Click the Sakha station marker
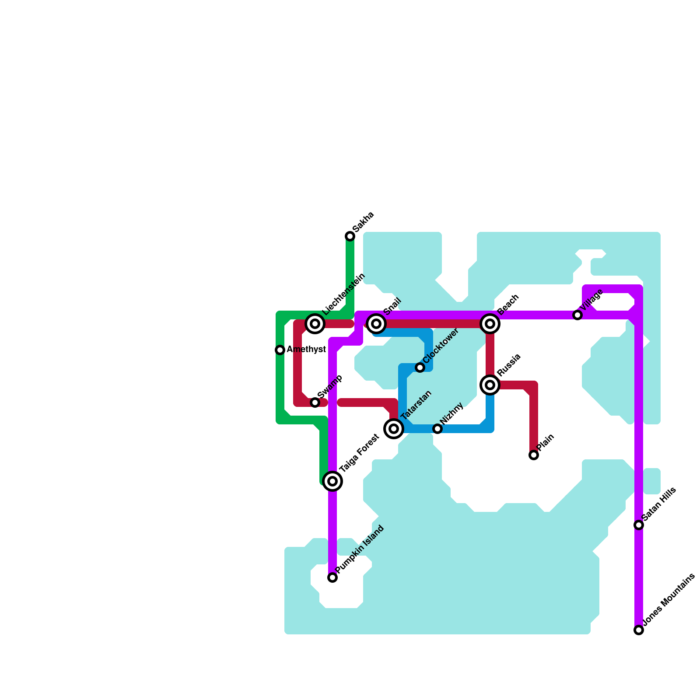coord(350,236)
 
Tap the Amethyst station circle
coord(280,350)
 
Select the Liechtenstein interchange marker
coord(315,324)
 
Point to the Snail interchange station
coord(376,324)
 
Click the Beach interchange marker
coord(490,324)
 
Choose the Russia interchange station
coord(490,385)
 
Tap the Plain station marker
coord(534,455)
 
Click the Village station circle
coord(577,315)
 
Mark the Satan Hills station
coord(639,525)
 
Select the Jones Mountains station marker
coord(639,630)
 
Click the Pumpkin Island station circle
coord(332,577)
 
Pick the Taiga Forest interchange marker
coord(332,481)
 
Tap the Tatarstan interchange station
coord(394,429)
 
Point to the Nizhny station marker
coord(437,429)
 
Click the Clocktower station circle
coord(420,367)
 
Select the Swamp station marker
coord(315,402)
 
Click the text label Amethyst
coord(306,350)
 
